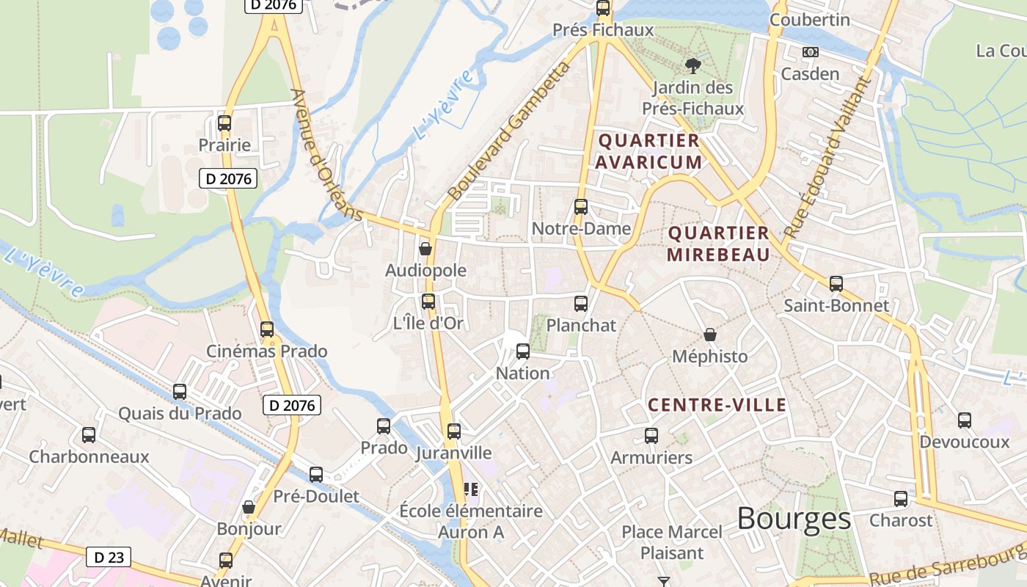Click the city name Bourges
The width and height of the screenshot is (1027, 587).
[x=794, y=519]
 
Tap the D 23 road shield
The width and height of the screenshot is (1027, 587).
[x=109, y=557]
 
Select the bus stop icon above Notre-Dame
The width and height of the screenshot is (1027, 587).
[x=581, y=207]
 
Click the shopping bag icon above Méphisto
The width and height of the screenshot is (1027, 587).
[x=710, y=335]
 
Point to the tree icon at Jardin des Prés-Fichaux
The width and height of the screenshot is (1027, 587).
[x=692, y=66]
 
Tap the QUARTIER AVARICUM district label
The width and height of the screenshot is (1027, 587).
[x=648, y=150]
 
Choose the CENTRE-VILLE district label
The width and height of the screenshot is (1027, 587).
[x=717, y=405]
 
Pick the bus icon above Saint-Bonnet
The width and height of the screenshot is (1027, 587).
[x=836, y=284]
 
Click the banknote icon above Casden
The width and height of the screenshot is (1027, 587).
[x=810, y=52]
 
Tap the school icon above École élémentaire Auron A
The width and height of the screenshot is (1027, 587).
[x=470, y=489]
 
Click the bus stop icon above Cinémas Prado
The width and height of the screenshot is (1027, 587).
[x=267, y=329]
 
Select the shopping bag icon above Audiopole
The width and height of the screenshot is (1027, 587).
[x=425, y=249]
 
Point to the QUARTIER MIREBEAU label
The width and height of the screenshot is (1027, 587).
[x=718, y=244]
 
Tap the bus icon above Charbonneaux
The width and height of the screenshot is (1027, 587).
[x=89, y=435]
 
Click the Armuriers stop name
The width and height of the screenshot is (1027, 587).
[x=651, y=458]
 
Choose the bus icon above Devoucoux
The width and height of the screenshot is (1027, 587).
[x=965, y=420]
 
